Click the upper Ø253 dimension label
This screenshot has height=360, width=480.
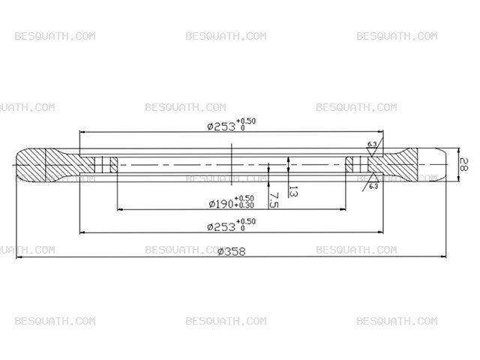pos(221,127)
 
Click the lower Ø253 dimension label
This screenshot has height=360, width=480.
pos(221,226)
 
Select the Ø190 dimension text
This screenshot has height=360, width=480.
pos(221,203)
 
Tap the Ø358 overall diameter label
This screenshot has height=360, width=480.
pos(232,251)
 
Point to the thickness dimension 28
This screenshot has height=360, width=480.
pos(463,164)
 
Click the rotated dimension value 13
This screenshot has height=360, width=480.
pos(293,192)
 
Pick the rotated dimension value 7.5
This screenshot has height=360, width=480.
pos(274,200)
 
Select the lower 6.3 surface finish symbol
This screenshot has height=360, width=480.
pos(371,181)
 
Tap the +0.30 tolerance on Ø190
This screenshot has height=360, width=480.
pos(244,205)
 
